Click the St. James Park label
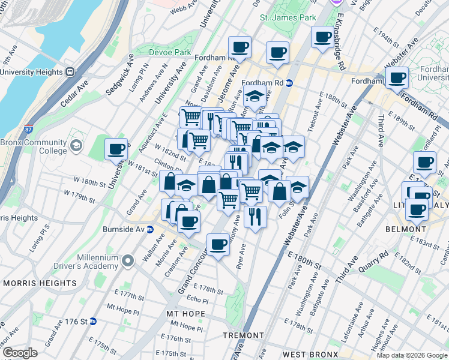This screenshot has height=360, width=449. [288, 18]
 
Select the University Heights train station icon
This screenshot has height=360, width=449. [70, 72]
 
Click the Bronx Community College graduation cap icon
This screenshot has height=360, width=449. [76, 146]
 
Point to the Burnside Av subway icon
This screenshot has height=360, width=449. [149, 229]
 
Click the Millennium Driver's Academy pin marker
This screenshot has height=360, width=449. [127, 261]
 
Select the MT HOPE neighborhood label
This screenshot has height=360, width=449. [185, 314]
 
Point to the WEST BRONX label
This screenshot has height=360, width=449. [307, 355]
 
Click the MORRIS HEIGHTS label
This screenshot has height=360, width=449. [29, 283]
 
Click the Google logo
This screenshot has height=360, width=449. [20, 353]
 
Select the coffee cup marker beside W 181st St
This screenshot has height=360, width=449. [116, 148]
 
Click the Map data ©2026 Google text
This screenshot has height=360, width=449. [411, 355]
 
